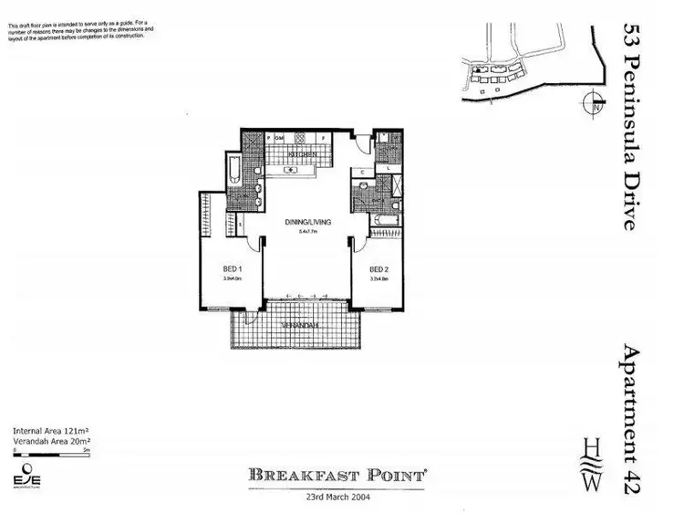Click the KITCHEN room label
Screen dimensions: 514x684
pyautogui.click(x=303, y=156)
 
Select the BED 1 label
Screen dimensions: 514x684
pyautogui.click(x=232, y=269)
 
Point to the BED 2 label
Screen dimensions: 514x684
pyautogui.click(x=378, y=269)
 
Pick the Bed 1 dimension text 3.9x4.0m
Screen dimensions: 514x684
pyautogui.click(x=232, y=279)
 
